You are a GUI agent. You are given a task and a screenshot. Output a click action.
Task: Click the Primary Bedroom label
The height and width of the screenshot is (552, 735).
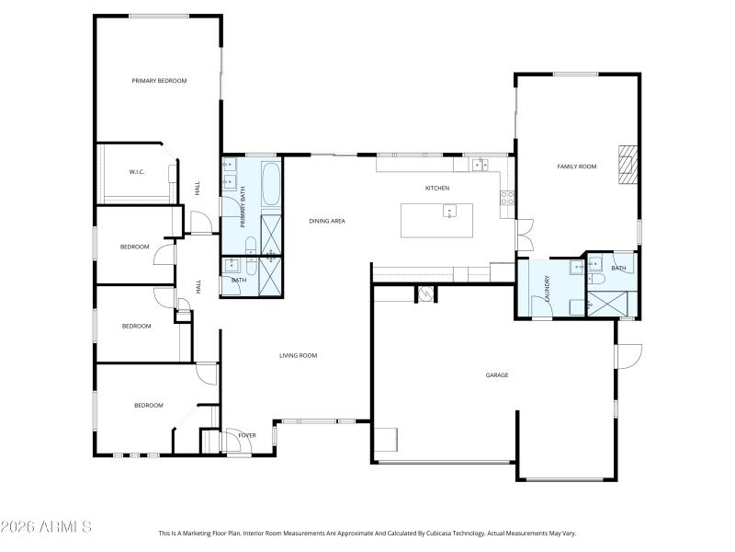pyautogui.click(x=159, y=81)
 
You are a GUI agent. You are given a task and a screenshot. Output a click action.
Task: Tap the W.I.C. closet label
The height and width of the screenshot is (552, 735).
pyautogui.click(x=137, y=172)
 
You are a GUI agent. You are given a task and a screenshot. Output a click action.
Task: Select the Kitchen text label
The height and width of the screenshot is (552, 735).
pyautogui.click(x=436, y=189)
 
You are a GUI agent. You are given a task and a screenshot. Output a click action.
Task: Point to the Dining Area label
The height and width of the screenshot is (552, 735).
pyautogui.click(x=326, y=221)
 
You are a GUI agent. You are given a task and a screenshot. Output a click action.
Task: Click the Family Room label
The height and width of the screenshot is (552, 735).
pyautogui.click(x=577, y=167)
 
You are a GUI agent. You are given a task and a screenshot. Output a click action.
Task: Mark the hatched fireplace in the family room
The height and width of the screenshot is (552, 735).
pyautogui.click(x=627, y=166)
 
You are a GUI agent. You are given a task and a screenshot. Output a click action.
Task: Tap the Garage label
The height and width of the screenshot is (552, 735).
pyautogui.click(x=497, y=374)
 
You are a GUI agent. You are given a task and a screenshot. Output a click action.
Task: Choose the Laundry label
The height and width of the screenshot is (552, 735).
pyautogui.click(x=548, y=288)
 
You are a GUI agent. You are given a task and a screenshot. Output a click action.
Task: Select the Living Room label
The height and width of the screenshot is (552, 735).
pyautogui.click(x=299, y=355)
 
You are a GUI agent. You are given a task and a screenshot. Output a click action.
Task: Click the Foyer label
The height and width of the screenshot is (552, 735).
pyautogui.click(x=247, y=435)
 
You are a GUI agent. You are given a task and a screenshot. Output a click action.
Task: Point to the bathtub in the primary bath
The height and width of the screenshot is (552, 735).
pyautogui.click(x=271, y=184)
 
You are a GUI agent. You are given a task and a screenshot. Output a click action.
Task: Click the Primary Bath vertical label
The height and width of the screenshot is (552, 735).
pyautogui.click(x=243, y=207)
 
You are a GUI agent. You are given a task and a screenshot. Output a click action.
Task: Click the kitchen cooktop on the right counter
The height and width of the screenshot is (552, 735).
pyautogui.click(x=506, y=196)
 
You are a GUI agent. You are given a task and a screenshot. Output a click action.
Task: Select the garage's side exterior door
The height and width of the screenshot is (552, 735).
pyautogui.click(x=628, y=356)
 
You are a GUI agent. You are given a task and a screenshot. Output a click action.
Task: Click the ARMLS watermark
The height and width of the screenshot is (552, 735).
pyautogui.click(x=46, y=527)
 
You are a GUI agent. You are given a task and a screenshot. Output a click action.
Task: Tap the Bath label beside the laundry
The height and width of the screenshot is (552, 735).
pyautogui.click(x=618, y=269)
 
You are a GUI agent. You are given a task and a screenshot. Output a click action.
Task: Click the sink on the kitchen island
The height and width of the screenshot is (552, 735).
pyautogui.click(x=449, y=213)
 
